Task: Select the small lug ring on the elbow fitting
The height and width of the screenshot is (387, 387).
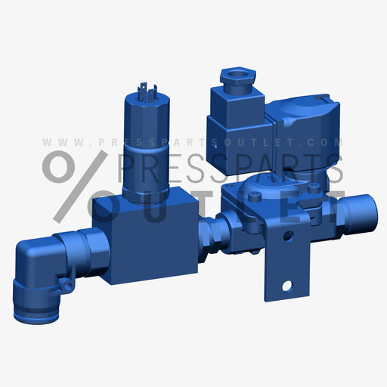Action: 66,285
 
